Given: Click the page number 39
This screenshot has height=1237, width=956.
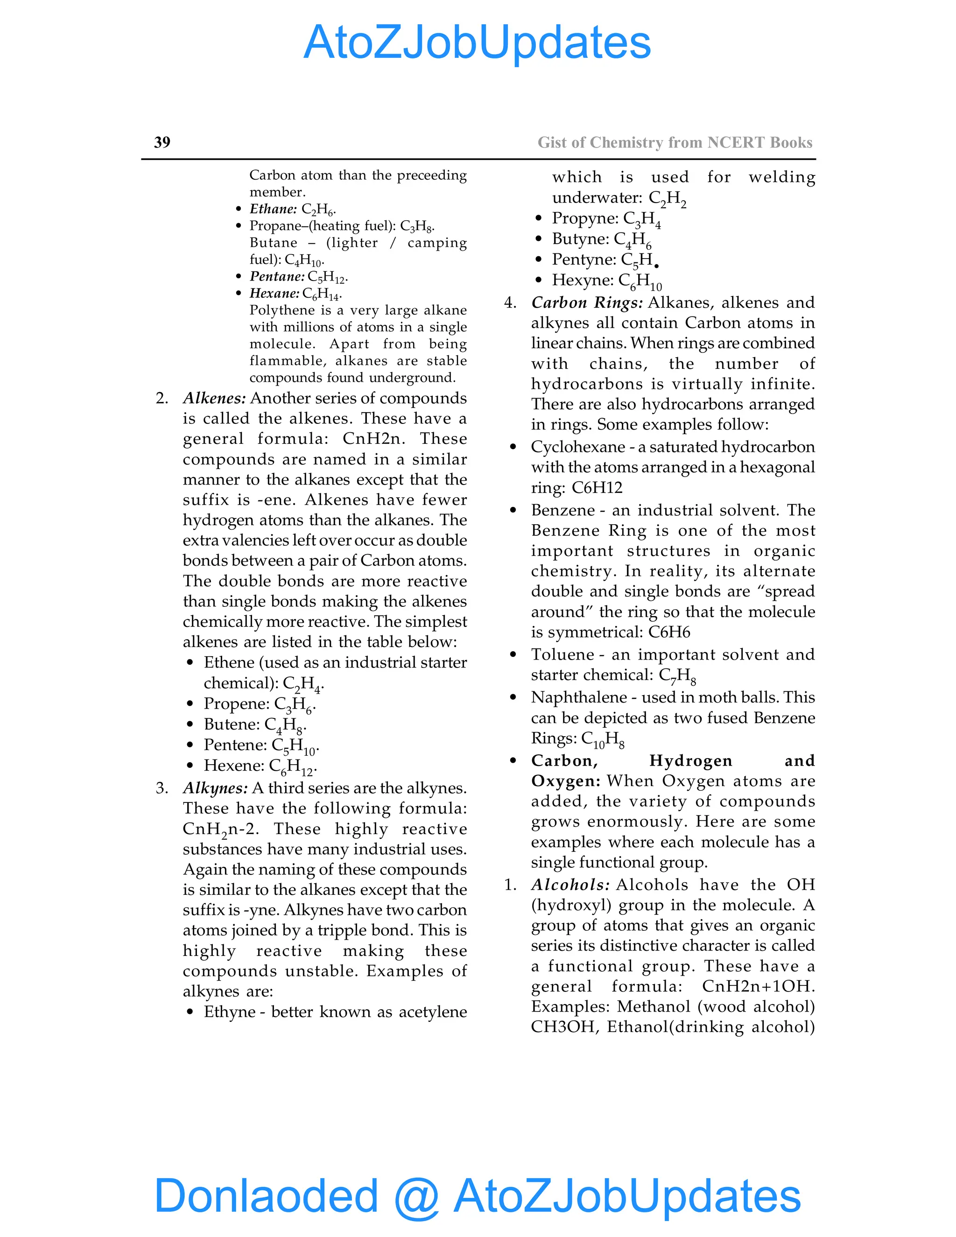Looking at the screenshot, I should [162, 142].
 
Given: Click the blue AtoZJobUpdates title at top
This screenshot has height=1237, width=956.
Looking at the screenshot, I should [477, 42].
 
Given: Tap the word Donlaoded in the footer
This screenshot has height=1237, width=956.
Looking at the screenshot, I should [266, 1195].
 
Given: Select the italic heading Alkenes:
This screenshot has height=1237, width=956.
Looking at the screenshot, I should [214, 398].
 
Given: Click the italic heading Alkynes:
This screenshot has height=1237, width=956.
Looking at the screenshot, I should [215, 788].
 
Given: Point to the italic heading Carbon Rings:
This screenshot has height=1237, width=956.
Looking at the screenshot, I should [587, 302].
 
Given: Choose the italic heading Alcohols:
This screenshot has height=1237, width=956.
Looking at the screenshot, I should [570, 885].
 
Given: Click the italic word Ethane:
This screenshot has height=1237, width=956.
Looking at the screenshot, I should [273, 209].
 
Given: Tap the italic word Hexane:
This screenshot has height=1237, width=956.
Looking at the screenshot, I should [274, 294].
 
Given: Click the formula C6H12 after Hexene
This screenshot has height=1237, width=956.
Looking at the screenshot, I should [292, 767].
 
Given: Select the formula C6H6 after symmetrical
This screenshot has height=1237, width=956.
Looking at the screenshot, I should [669, 632].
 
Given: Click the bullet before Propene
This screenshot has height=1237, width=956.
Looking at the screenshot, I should [190, 704].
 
